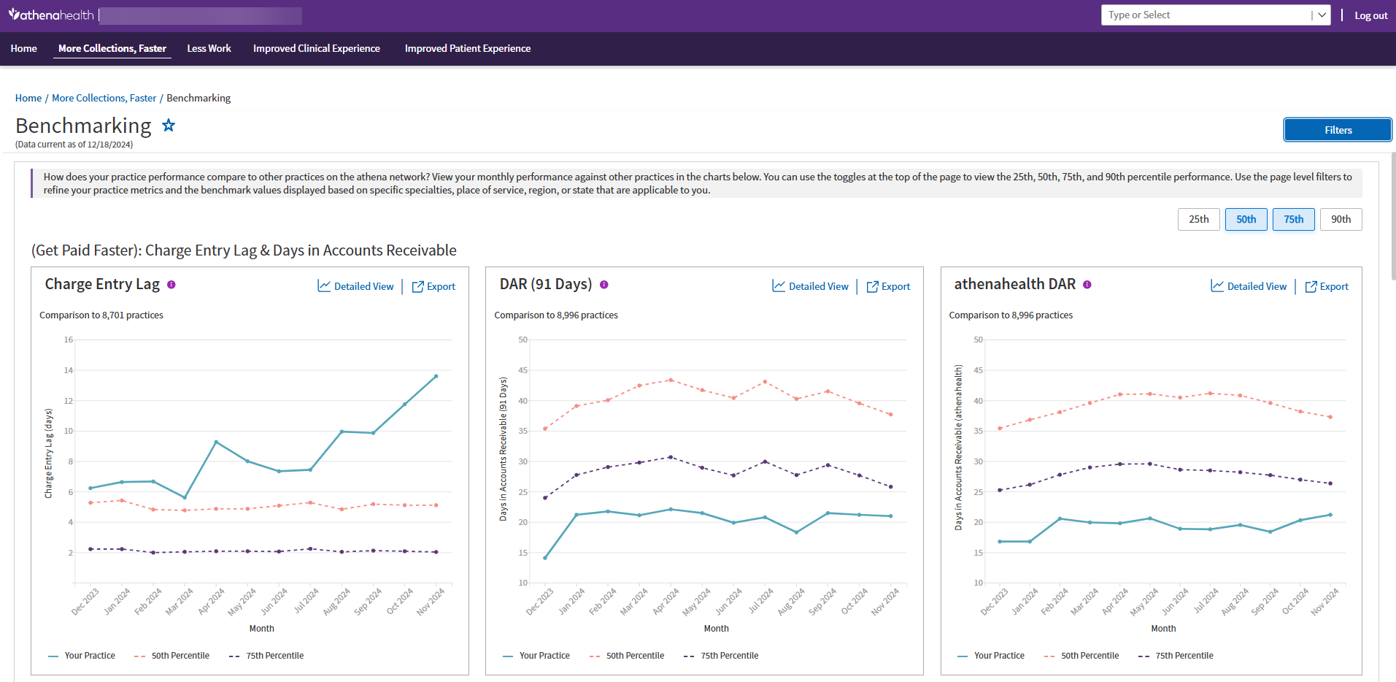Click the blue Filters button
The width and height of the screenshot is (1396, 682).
[1337, 130]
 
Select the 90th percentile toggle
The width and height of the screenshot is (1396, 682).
[1341, 219]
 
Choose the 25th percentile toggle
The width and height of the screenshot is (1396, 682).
[1198, 219]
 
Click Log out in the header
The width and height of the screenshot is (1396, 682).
[1370, 15]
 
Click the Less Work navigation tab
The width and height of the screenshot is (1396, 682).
[209, 48]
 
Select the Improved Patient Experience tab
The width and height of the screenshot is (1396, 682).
[467, 48]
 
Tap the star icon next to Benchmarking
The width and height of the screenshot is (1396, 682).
[169, 126]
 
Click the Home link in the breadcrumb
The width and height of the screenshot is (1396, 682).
[28, 98]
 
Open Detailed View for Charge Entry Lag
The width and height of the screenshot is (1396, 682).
[356, 286]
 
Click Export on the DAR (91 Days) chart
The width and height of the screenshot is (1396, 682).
[888, 286]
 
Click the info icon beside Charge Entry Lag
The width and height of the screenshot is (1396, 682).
[171, 285]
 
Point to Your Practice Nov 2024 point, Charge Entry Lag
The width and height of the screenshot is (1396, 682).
[436, 376]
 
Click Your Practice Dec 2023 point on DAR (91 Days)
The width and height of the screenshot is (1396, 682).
[545, 558]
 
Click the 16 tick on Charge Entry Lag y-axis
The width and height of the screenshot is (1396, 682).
[69, 340]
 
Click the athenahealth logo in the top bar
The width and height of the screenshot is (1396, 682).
[51, 15]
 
